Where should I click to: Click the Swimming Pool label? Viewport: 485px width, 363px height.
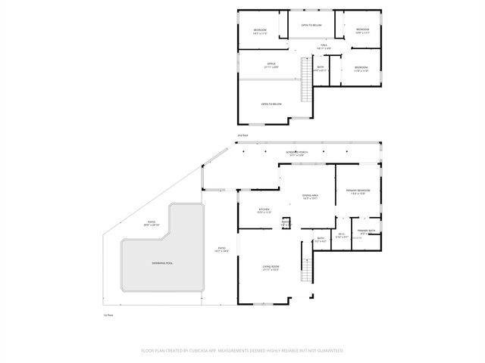(162, 262)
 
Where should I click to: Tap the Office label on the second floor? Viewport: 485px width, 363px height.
(271, 65)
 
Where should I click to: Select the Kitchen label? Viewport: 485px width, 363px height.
(264, 211)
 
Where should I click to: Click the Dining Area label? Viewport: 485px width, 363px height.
(309, 197)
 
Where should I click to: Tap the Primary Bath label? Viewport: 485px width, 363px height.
(368, 231)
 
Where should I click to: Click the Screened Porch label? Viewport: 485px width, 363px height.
(302, 153)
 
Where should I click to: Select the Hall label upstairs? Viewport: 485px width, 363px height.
(323, 47)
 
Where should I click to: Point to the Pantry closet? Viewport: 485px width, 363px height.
(286, 224)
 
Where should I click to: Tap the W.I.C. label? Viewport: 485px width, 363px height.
(342, 235)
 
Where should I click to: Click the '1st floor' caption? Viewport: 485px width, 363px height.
(108, 315)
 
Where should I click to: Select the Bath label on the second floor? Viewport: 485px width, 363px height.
(321, 69)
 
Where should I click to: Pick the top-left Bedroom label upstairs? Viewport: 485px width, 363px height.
(260, 32)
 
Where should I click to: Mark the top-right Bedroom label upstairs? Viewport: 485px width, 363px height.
(362, 31)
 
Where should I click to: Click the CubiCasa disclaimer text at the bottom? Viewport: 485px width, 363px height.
(242, 351)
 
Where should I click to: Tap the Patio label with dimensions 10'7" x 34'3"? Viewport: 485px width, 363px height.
(222, 250)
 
